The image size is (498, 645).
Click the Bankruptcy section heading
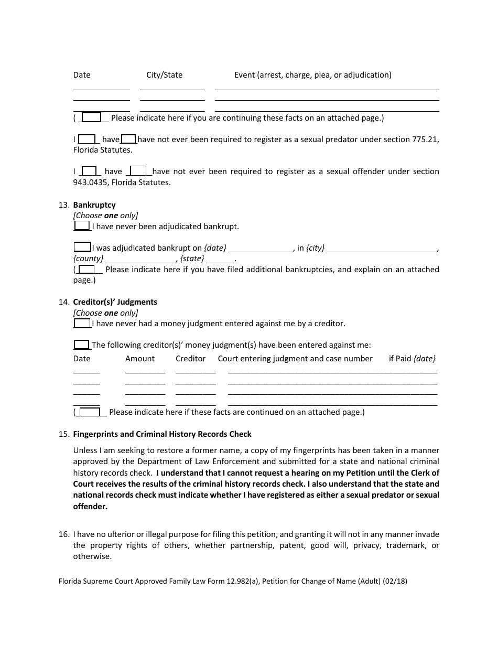click(x=94, y=205)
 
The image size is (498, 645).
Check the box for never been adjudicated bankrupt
click(x=82, y=226)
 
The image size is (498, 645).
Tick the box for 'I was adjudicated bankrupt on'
click(x=82, y=248)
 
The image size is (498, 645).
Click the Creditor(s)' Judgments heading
click(x=115, y=302)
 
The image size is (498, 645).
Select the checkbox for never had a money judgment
click(x=82, y=324)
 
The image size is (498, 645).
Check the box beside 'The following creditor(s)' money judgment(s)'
click(x=81, y=345)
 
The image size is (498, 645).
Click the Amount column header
click(x=140, y=359)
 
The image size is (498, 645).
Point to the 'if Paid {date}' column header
click(x=412, y=359)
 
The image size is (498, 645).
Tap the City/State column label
click(x=164, y=75)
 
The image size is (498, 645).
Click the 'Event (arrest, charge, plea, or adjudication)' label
click(x=312, y=75)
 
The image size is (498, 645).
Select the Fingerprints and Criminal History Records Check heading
click(x=162, y=434)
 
